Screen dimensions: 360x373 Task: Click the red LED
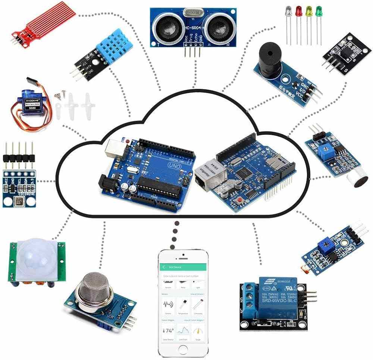(298, 11)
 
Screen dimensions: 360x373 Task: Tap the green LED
(319, 10)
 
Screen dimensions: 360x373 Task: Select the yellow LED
(308, 11)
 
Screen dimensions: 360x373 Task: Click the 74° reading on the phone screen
(168, 331)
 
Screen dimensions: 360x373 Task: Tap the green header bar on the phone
(182, 267)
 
